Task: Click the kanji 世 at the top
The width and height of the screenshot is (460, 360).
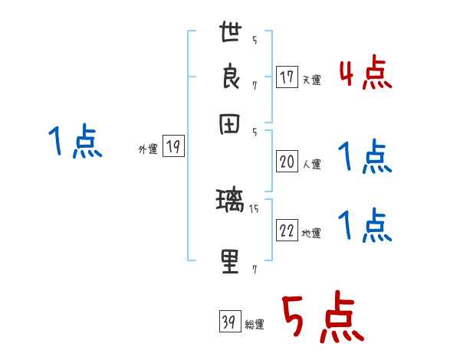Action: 231,34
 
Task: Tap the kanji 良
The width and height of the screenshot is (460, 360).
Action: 231,80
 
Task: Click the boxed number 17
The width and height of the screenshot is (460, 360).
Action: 287,77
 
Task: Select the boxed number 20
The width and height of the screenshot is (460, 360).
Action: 287,161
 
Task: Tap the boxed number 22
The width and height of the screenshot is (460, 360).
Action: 287,231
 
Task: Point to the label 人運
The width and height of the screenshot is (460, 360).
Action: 311,163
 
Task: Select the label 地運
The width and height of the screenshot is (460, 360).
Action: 311,233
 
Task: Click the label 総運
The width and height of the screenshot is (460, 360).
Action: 255,324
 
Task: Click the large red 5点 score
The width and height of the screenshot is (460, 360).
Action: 322,318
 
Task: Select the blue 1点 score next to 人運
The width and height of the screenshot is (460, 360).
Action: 365,158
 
